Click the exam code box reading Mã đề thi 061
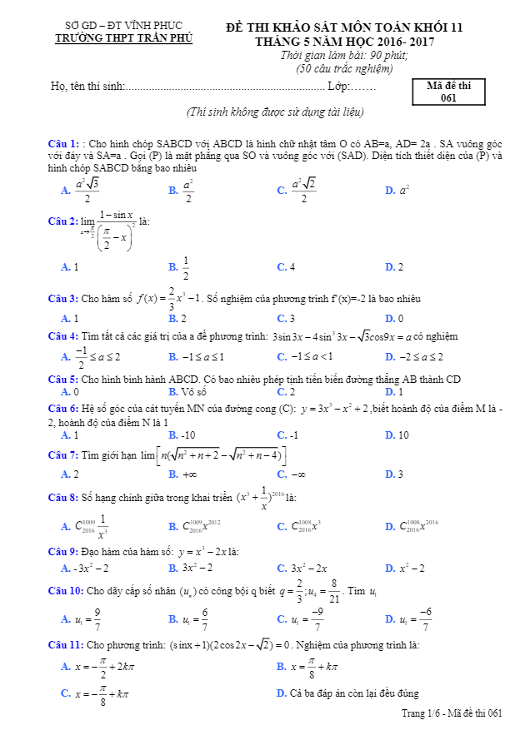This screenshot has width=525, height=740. coord(448,92)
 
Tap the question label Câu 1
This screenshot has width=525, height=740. coord(63,143)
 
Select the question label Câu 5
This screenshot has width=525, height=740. coord(63,380)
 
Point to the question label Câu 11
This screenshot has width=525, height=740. coord(66,645)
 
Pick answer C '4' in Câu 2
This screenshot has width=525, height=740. coord(287,267)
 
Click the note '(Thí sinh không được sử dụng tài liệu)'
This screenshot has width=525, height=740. coord(275,112)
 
